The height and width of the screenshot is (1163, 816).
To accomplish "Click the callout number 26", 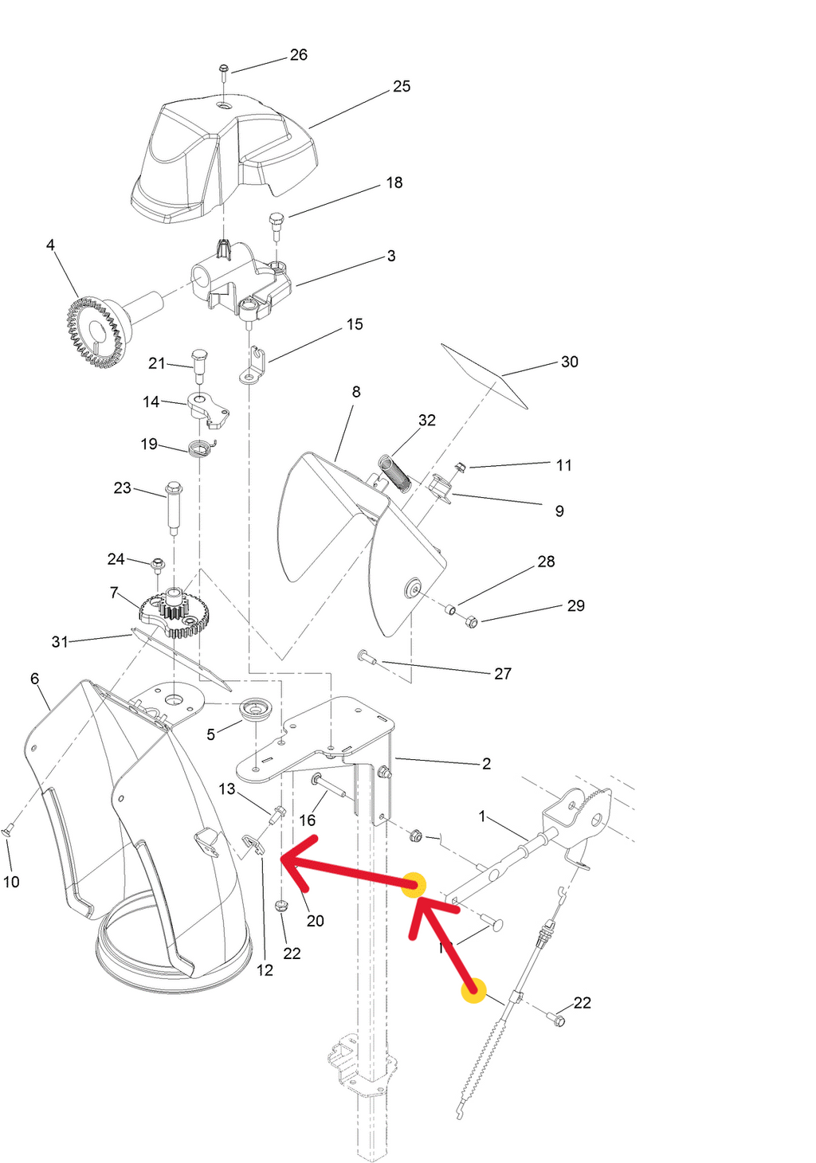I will pos(299,55).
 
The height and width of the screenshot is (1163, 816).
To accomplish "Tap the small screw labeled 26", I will pos(224,71).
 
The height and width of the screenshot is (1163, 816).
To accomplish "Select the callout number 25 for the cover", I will pos(402,86).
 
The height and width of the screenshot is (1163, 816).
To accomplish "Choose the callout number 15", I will pos(355,324).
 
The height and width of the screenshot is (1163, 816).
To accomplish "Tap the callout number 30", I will pos(570,362).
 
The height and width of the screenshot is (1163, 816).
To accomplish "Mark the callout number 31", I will pos(60,641).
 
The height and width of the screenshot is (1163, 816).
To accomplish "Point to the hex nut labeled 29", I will pos(471,621).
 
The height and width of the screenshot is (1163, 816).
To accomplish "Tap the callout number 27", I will pos(503,674).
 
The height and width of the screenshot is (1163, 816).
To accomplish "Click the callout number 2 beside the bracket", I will pos(486,763).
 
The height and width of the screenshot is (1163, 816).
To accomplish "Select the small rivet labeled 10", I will pos(7,831).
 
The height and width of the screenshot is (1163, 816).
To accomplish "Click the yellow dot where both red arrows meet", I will pos(414,886).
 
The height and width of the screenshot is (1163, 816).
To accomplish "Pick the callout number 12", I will pos(265,970).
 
